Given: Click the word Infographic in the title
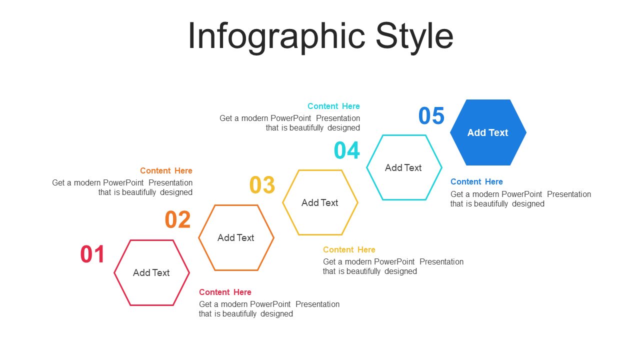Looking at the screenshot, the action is pyautogui.click(x=276, y=37).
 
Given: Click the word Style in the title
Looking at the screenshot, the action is pyautogui.click(x=414, y=37).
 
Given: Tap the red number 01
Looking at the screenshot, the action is pyautogui.click(x=92, y=254).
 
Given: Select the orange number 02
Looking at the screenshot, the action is pyautogui.click(x=177, y=219).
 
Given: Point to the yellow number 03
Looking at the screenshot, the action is pyautogui.click(x=262, y=184).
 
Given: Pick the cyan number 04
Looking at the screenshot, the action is pyautogui.click(x=347, y=150).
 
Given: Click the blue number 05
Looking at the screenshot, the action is pyautogui.click(x=431, y=115).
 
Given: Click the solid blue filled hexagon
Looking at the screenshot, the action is pyautogui.click(x=488, y=132).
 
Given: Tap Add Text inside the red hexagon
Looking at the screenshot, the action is pyautogui.click(x=151, y=272).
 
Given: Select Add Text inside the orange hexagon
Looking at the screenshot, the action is pyautogui.click(x=235, y=237).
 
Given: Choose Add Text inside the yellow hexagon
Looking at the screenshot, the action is pyautogui.click(x=319, y=202).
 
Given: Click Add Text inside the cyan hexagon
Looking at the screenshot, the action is pyautogui.click(x=403, y=167).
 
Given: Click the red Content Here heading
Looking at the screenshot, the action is pyautogui.click(x=225, y=292).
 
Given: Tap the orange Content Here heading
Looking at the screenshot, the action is pyautogui.click(x=166, y=170).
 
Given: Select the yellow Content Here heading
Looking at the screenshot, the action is pyautogui.click(x=349, y=249).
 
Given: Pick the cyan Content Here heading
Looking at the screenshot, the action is pyautogui.click(x=333, y=106).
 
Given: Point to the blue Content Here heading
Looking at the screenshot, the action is pyautogui.click(x=476, y=181).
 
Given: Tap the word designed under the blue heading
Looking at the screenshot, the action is pyautogui.click(x=528, y=203).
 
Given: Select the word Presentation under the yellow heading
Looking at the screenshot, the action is pyautogui.click(x=441, y=261).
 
